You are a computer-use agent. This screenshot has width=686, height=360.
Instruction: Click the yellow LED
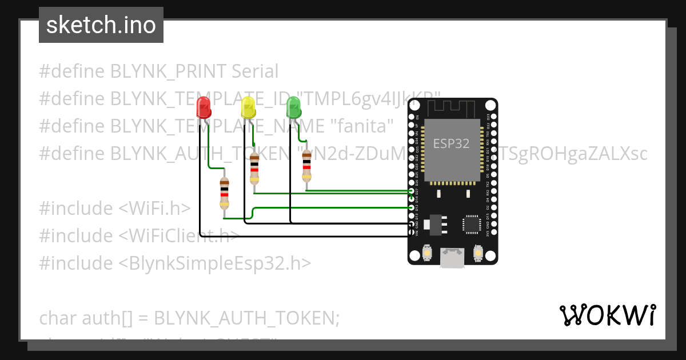248,107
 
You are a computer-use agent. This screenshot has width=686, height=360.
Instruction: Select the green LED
293,107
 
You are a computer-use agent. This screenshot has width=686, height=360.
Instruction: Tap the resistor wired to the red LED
225,194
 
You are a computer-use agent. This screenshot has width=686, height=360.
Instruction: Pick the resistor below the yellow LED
254,169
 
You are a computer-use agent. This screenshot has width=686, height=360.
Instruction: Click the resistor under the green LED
307,166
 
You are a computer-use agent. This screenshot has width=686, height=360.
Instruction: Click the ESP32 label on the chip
452,143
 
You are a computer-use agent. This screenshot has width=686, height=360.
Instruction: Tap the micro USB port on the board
452,257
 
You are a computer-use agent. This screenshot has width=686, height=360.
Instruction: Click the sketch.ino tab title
101,25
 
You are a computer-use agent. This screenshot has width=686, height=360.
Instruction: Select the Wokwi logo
607,315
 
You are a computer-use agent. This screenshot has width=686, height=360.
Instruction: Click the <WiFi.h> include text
154,209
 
